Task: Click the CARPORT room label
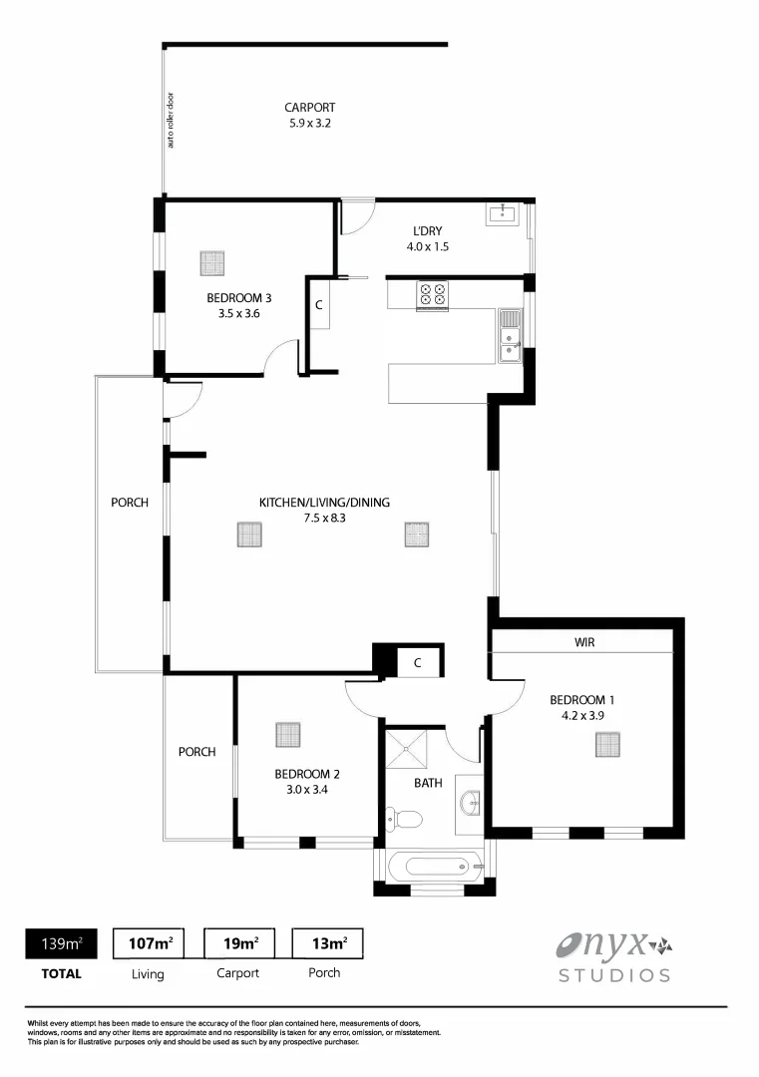point(309,108)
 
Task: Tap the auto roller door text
point(171,121)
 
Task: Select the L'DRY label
point(427,231)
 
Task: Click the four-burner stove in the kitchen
point(432,294)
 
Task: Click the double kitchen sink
point(509,335)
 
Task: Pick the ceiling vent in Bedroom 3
point(212,263)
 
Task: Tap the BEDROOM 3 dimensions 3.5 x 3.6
point(238,313)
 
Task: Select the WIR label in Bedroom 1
point(584,643)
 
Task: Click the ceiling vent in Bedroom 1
point(608,745)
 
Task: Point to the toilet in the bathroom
point(406,819)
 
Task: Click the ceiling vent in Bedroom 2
point(288,735)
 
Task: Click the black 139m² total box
point(61,942)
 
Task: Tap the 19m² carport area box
point(239,942)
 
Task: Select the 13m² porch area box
point(326,942)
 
